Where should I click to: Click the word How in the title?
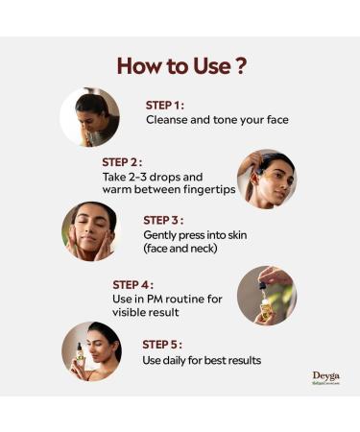(x=139, y=66)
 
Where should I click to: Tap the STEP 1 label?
(x=165, y=106)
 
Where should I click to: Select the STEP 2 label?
(x=122, y=162)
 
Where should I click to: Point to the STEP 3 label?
(x=163, y=219)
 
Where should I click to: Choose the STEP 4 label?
(x=132, y=284)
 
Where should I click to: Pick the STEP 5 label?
(x=162, y=344)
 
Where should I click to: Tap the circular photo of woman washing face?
(x=90, y=117)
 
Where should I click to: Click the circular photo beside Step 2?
(x=267, y=178)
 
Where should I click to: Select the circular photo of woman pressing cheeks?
(x=90, y=231)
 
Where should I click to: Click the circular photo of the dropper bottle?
(x=267, y=295)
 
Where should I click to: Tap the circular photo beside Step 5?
(x=90, y=350)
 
